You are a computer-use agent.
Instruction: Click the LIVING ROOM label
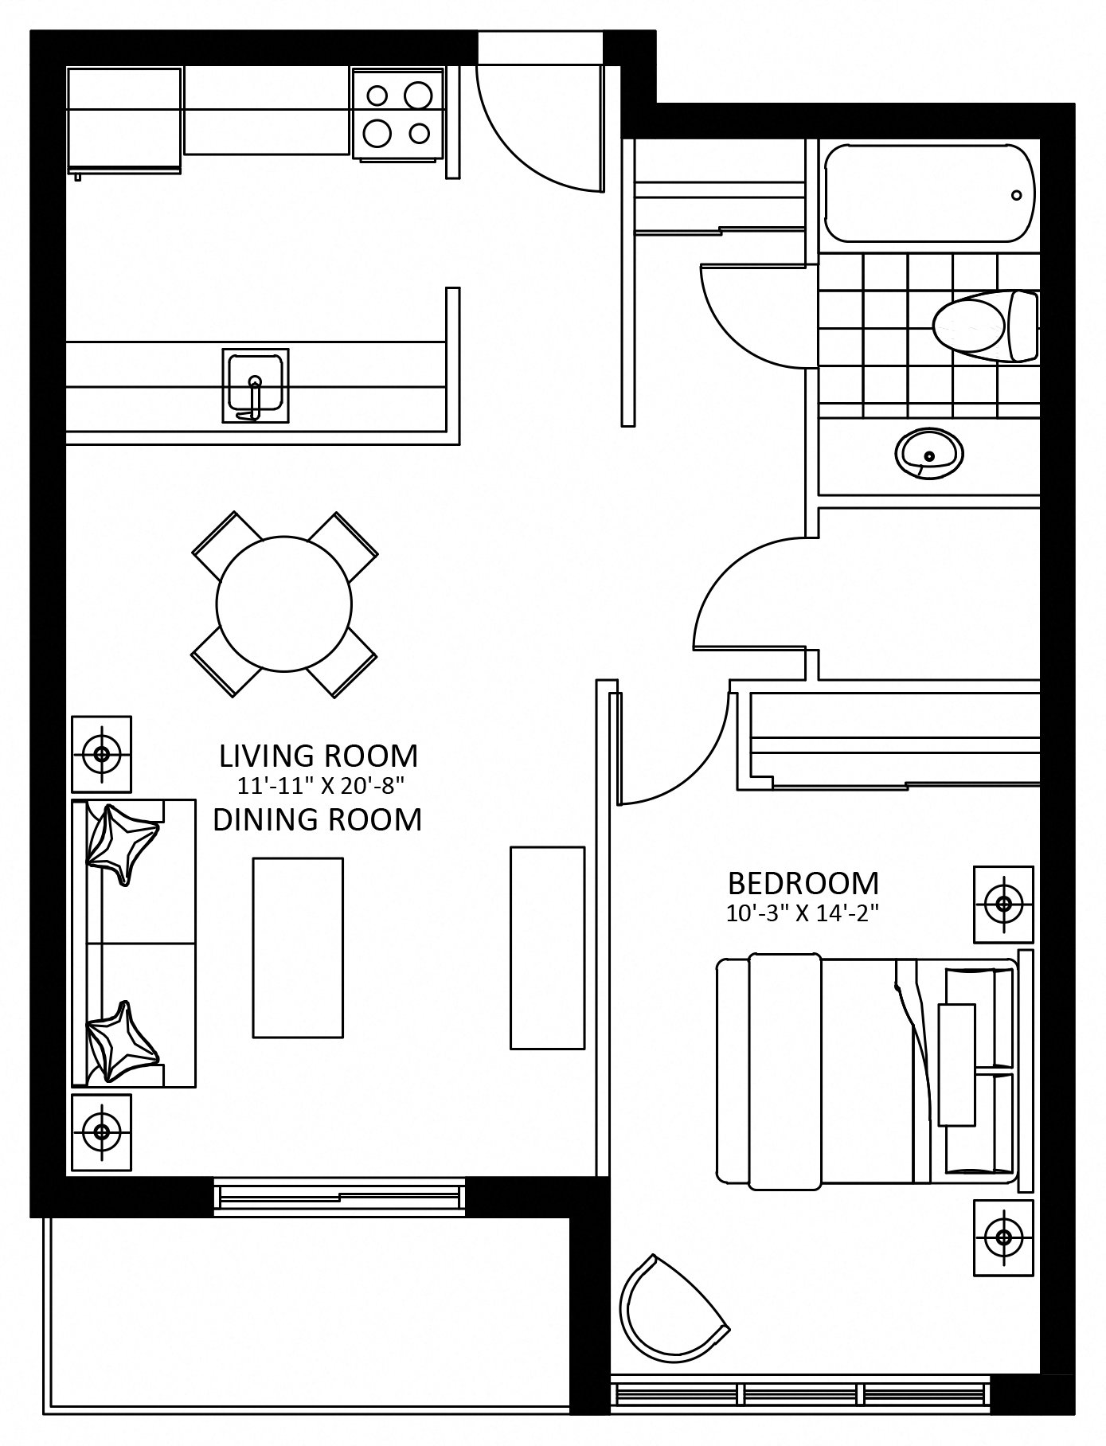tap(319, 754)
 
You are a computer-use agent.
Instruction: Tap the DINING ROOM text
tap(317, 819)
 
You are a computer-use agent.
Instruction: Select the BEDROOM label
tap(803, 883)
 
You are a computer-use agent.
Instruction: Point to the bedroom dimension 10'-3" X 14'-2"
tap(802, 914)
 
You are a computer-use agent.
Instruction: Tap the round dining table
tap(284, 604)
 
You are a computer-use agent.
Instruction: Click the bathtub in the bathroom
tap(929, 193)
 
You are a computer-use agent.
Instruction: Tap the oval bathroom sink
tap(928, 453)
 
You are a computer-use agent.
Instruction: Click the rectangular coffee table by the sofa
tap(298, 948)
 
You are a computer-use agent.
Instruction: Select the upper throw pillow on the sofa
tap(123, 843)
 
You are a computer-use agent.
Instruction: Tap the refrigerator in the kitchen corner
tap(125, 120)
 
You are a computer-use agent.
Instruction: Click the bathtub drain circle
tap(1016, 194)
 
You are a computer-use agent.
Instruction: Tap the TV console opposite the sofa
tap(547, 948)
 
